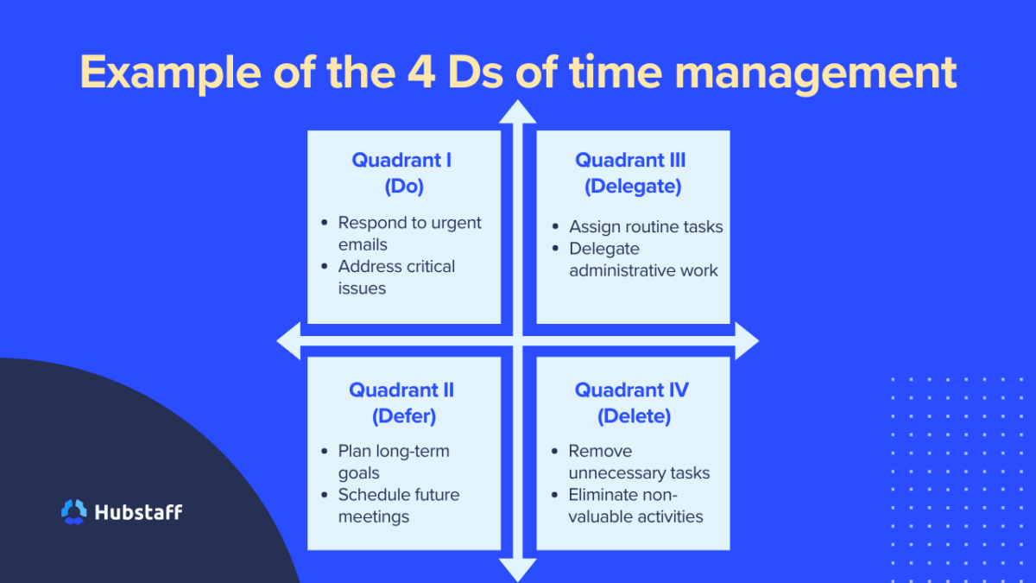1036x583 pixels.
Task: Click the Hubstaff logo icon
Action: point(74,511)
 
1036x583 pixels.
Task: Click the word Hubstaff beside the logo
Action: point(137,511)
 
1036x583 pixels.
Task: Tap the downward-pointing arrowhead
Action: point(518,569)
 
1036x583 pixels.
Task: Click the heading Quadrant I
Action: point(401,160)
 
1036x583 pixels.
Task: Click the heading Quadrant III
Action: point(631,160)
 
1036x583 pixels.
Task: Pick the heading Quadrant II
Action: point(401,390)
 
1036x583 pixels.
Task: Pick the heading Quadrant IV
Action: point(632,390)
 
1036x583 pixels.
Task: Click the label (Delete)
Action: point(634,415)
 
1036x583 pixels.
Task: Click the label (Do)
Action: point(404,186)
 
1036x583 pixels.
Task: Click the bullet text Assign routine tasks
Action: point(646,227)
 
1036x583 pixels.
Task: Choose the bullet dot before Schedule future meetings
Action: point(323,495)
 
